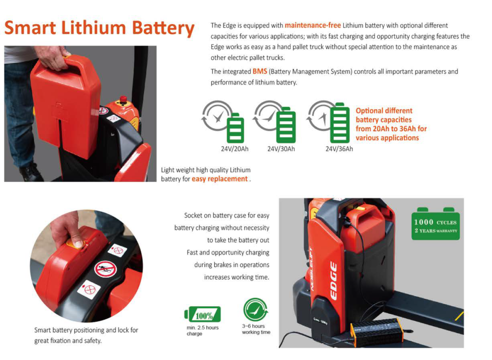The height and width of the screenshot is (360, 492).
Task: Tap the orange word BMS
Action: [x=260, y=71]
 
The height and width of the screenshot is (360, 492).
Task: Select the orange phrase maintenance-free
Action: [x=312, y=25]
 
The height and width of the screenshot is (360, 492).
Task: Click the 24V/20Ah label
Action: [x=234, y=149]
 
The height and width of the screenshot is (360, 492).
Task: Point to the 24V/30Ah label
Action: [x=281, y=149]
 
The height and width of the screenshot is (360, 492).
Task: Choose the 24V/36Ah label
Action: [x=339, y=149]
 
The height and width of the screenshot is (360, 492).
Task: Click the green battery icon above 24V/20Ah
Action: [x=235, y=128]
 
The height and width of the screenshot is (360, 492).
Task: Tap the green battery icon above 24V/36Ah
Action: [x=340, y=123]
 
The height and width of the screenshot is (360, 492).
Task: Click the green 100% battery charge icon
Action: [x=203, y=314]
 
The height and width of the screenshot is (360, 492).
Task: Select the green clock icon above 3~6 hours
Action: [x=256, y=310]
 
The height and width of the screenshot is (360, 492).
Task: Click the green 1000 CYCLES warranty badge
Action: [x=435, y=224]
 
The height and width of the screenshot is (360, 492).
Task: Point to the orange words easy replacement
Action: [x=220, y=179]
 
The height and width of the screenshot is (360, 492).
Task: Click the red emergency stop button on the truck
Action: [x=123, y=100]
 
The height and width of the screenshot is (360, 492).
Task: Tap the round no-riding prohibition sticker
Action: [x=106, y=269]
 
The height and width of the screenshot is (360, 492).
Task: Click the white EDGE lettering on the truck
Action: [x=333, y=281]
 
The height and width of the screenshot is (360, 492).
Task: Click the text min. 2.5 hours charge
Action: [x=202, y=331]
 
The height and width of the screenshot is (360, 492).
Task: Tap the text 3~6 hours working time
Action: [x=256, y=329]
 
